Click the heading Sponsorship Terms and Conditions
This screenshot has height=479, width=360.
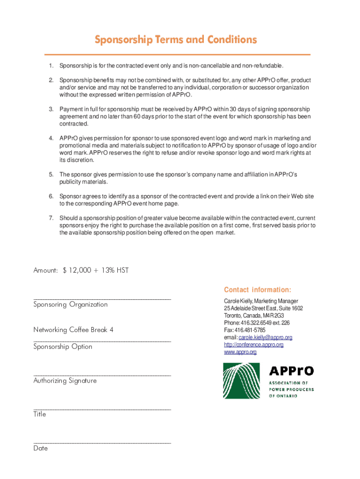coord(176,40)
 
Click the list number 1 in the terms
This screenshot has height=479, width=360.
coord(51,65)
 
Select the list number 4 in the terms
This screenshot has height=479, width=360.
coord(51,138)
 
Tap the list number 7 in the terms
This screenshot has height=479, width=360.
coord(51,218)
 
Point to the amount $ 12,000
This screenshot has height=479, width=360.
coord(77,270)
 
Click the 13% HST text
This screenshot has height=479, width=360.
coord(116,270)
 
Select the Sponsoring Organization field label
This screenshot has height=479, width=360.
coord(70,305)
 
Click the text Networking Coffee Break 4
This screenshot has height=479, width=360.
coord(73,330)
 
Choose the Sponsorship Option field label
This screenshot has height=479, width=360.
coord(63,347)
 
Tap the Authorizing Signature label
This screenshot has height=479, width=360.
coord(65,381)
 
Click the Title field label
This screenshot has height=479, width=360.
coord(40,414)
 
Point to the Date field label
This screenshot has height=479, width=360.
coord(41,448)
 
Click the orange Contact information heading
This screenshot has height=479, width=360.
coord(257,290)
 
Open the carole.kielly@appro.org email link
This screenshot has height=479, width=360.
coord(265,338)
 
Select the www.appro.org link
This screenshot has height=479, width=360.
coord(240,352)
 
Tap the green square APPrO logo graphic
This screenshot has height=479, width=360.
coord(241,381)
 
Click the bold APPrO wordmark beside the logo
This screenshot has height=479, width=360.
coord(291,371)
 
